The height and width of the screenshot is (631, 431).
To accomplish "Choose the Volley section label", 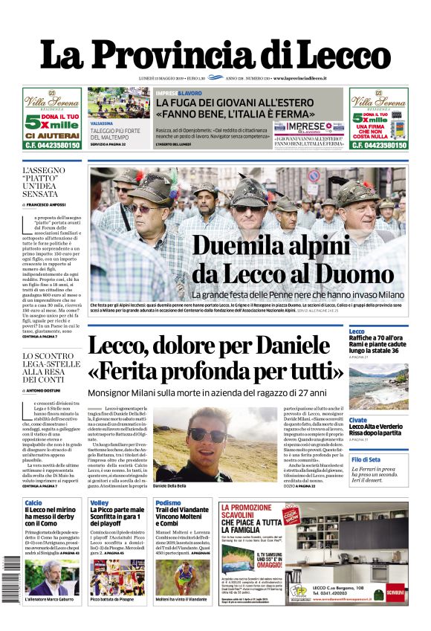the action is pyautogui.click(x=100, y=503).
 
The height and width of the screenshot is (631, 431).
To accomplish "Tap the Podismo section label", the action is pyautogui.click(x=168, y=503).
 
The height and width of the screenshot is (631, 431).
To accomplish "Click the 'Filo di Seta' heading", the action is pyautogui.click(x=366, y=460).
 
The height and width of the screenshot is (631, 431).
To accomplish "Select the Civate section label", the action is pyautogui.click(x=357, y=420).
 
